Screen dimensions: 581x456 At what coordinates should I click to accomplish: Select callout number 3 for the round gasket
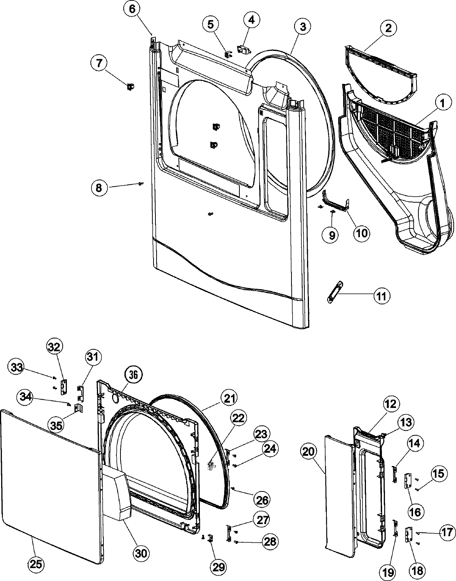click(302, 27)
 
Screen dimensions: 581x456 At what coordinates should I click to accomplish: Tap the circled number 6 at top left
click(131, 9)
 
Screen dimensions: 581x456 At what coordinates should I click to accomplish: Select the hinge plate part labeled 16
click(408, 480)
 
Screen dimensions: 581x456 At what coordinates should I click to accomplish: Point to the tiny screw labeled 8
click(141, 184)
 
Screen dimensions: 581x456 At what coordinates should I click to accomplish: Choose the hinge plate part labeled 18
click(409, 535)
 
